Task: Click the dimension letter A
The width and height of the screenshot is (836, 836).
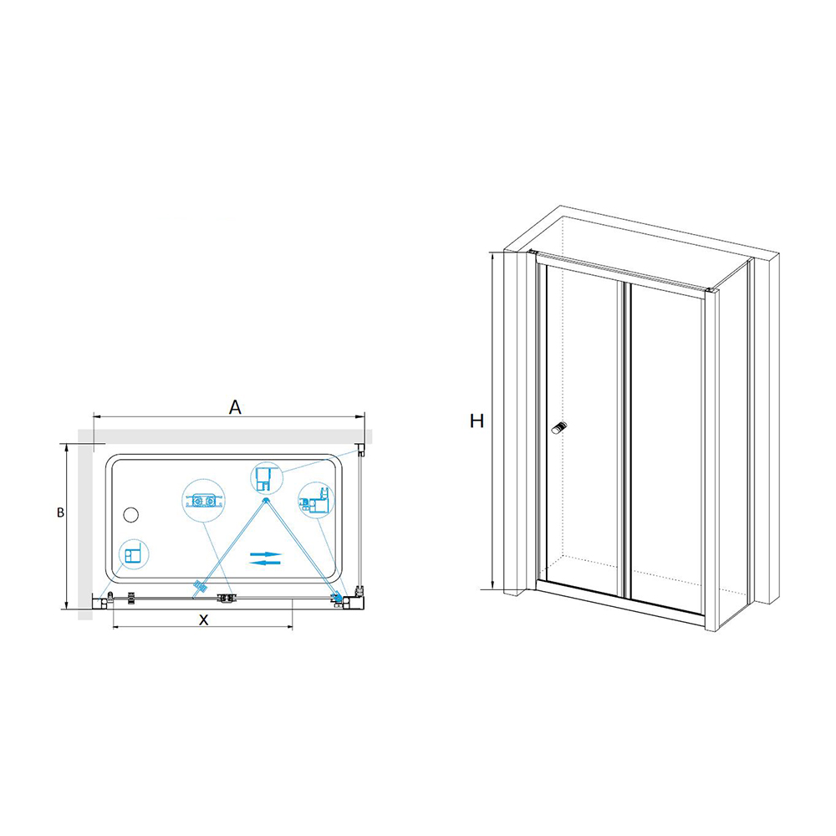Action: pyautogui.click(x=236, y=407)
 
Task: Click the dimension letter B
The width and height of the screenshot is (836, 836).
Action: pyautogui.click(x=60, y=512)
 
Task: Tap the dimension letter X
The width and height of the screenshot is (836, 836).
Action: pyautogui.click(x=202, y=619)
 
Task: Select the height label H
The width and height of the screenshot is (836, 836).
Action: pyautogui.click(x=477, y=421)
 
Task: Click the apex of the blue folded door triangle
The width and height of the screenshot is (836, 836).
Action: pyautogui.click(x=266, y=500)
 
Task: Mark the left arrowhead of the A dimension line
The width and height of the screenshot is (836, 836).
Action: pyautogui.click(x=94, y=415)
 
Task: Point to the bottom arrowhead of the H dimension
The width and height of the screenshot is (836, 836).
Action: pyautogui.click(x=494, y=587)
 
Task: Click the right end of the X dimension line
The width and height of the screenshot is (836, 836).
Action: pyautogui.click(x=292, y=627)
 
